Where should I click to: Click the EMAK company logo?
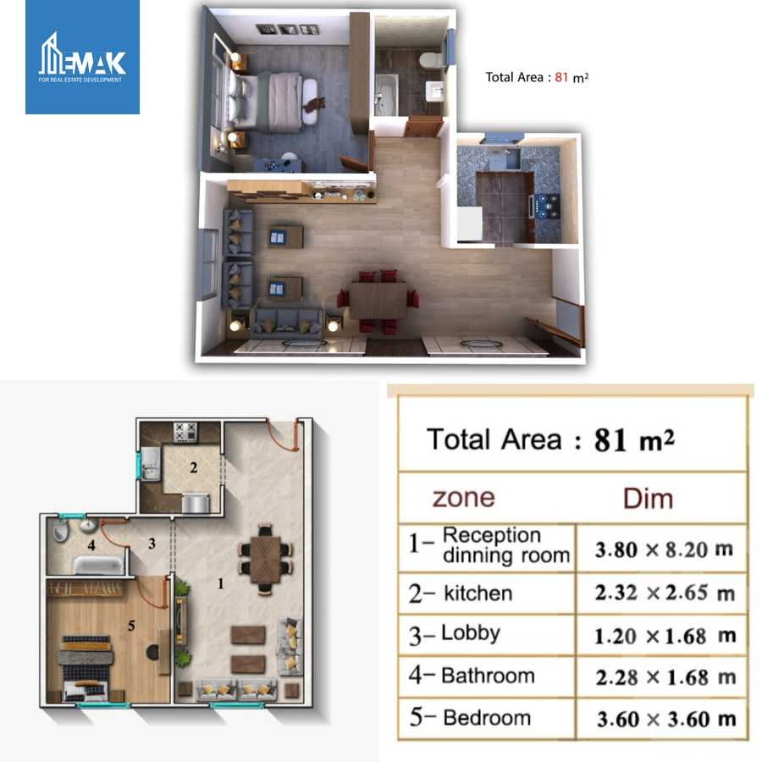coord(82,58)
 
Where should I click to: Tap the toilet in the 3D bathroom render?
coord(430,60)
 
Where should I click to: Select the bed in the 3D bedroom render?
coord(275,101)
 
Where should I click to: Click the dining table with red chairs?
coord(378,301)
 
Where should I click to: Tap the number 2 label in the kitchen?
coord(193,467)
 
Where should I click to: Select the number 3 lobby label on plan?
coord(152,544)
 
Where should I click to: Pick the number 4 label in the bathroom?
coord(91,545)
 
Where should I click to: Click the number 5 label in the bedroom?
coord(130,627)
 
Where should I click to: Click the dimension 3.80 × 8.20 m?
coord(664,549)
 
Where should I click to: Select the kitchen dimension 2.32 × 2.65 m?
coord(664,594)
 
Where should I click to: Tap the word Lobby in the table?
coord(471,633)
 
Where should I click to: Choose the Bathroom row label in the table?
coord(488,676)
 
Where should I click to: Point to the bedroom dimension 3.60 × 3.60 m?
coord(664,720)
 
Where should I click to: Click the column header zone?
coord(463,497)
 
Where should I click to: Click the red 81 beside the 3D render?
coord(560,77)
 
